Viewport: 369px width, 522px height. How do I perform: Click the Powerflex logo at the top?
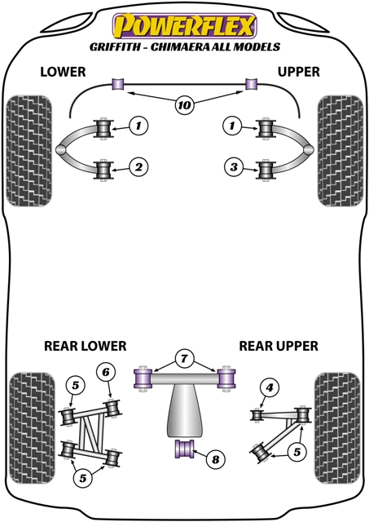point(184,24)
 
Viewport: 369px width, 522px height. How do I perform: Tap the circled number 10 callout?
point(183,104)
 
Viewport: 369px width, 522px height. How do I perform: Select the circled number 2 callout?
point(139,168)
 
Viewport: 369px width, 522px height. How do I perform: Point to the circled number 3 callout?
point(234,168)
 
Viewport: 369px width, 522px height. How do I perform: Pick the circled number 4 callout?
point(270,387)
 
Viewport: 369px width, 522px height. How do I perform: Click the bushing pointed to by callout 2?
point(103,170)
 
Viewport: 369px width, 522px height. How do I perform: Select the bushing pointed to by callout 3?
point(266,170)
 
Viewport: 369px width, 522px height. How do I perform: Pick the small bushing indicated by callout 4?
point(257,415)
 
